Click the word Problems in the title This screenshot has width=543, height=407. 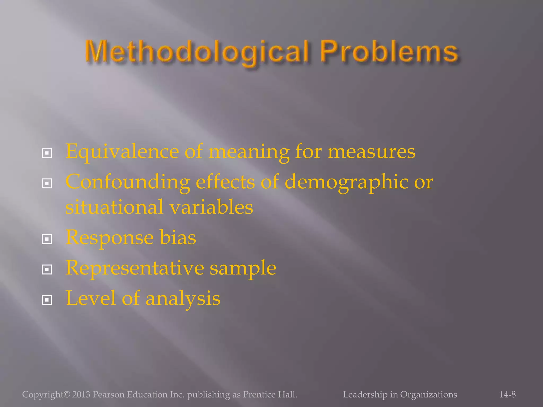pyautogui.click(x=389, y=51)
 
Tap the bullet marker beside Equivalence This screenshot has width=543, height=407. pyautogui.click(x=47, y=153)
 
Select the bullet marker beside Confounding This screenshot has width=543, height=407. pyautogui.click(x=47, y=183)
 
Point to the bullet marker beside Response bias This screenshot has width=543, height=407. pyautogui.click(x=47, y=239)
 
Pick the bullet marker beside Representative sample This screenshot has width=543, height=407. pyautogui.click(x=47, y=270)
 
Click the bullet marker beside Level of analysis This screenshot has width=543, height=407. pyautogui.click(x=47, y=300)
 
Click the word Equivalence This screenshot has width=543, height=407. pyautogui.click(x=122, y=152)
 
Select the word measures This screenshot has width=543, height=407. pyautogui.click(x=371, y=152)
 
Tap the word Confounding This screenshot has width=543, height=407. pyautogui.click(x=128, y=182)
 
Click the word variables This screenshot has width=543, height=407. pyautogui.click(x=212, y=207)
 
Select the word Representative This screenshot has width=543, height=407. pyautogui.click(x=135, y=268)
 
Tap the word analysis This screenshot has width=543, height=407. pyautogui.click(x=183, y=298)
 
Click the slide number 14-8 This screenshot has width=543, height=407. pyautogui.click(x=507, y=395)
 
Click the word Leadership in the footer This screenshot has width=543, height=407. pyautogui.click(x=365, y=395)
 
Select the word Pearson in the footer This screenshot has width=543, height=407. pyautogui.click(x=108, y=395)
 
